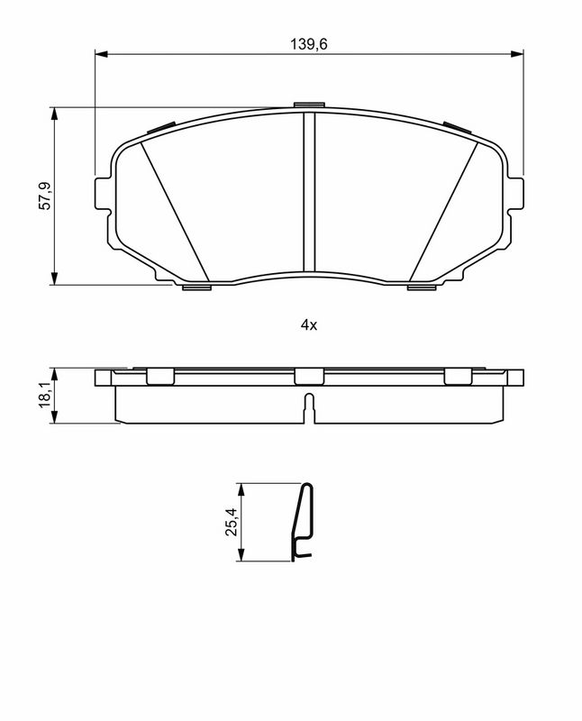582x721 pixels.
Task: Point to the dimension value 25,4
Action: click(x=231, y=524)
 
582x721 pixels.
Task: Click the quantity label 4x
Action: click(x=309, y=325)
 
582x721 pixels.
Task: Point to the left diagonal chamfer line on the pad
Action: click(x=176, y=212)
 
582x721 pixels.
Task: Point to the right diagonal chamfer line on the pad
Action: click(x=442, y=212)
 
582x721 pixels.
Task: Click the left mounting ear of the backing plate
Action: click(x=102, y=195)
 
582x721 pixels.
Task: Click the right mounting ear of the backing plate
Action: click(x=515, y=195)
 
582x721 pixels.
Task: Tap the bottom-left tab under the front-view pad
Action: click(x=196, y=287)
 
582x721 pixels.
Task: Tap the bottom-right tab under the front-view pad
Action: click(x=421, y=287)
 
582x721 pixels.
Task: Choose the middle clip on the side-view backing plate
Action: click(x=308, y=377)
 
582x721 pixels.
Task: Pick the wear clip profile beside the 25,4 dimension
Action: click(x=304, y=523)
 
